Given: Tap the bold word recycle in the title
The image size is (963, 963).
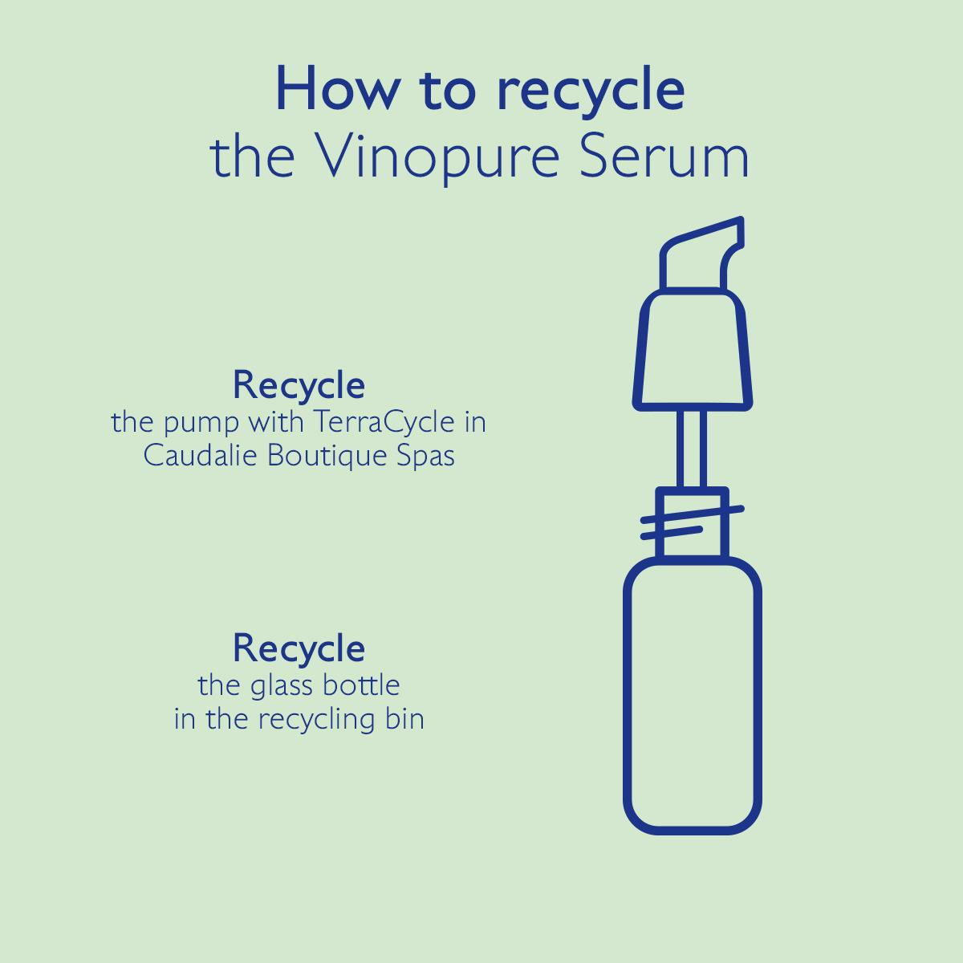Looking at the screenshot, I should [x=591, y=91].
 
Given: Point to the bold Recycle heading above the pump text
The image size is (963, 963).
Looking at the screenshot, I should [x=299, y=385].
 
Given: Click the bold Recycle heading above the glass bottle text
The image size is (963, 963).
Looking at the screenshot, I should [x=299, y=648].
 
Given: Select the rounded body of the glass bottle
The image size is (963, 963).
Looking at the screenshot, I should [x=693, y=698].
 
